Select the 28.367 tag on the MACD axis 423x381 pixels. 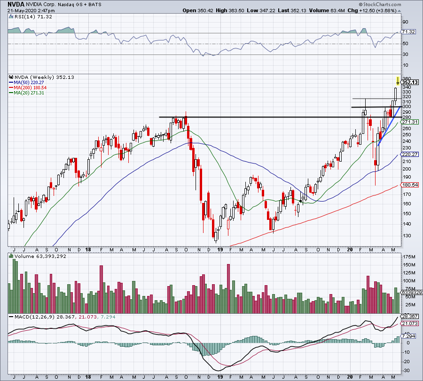pos(409,316)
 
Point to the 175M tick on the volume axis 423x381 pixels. pos(407,257)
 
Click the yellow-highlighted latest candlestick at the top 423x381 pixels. pos(398,82)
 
